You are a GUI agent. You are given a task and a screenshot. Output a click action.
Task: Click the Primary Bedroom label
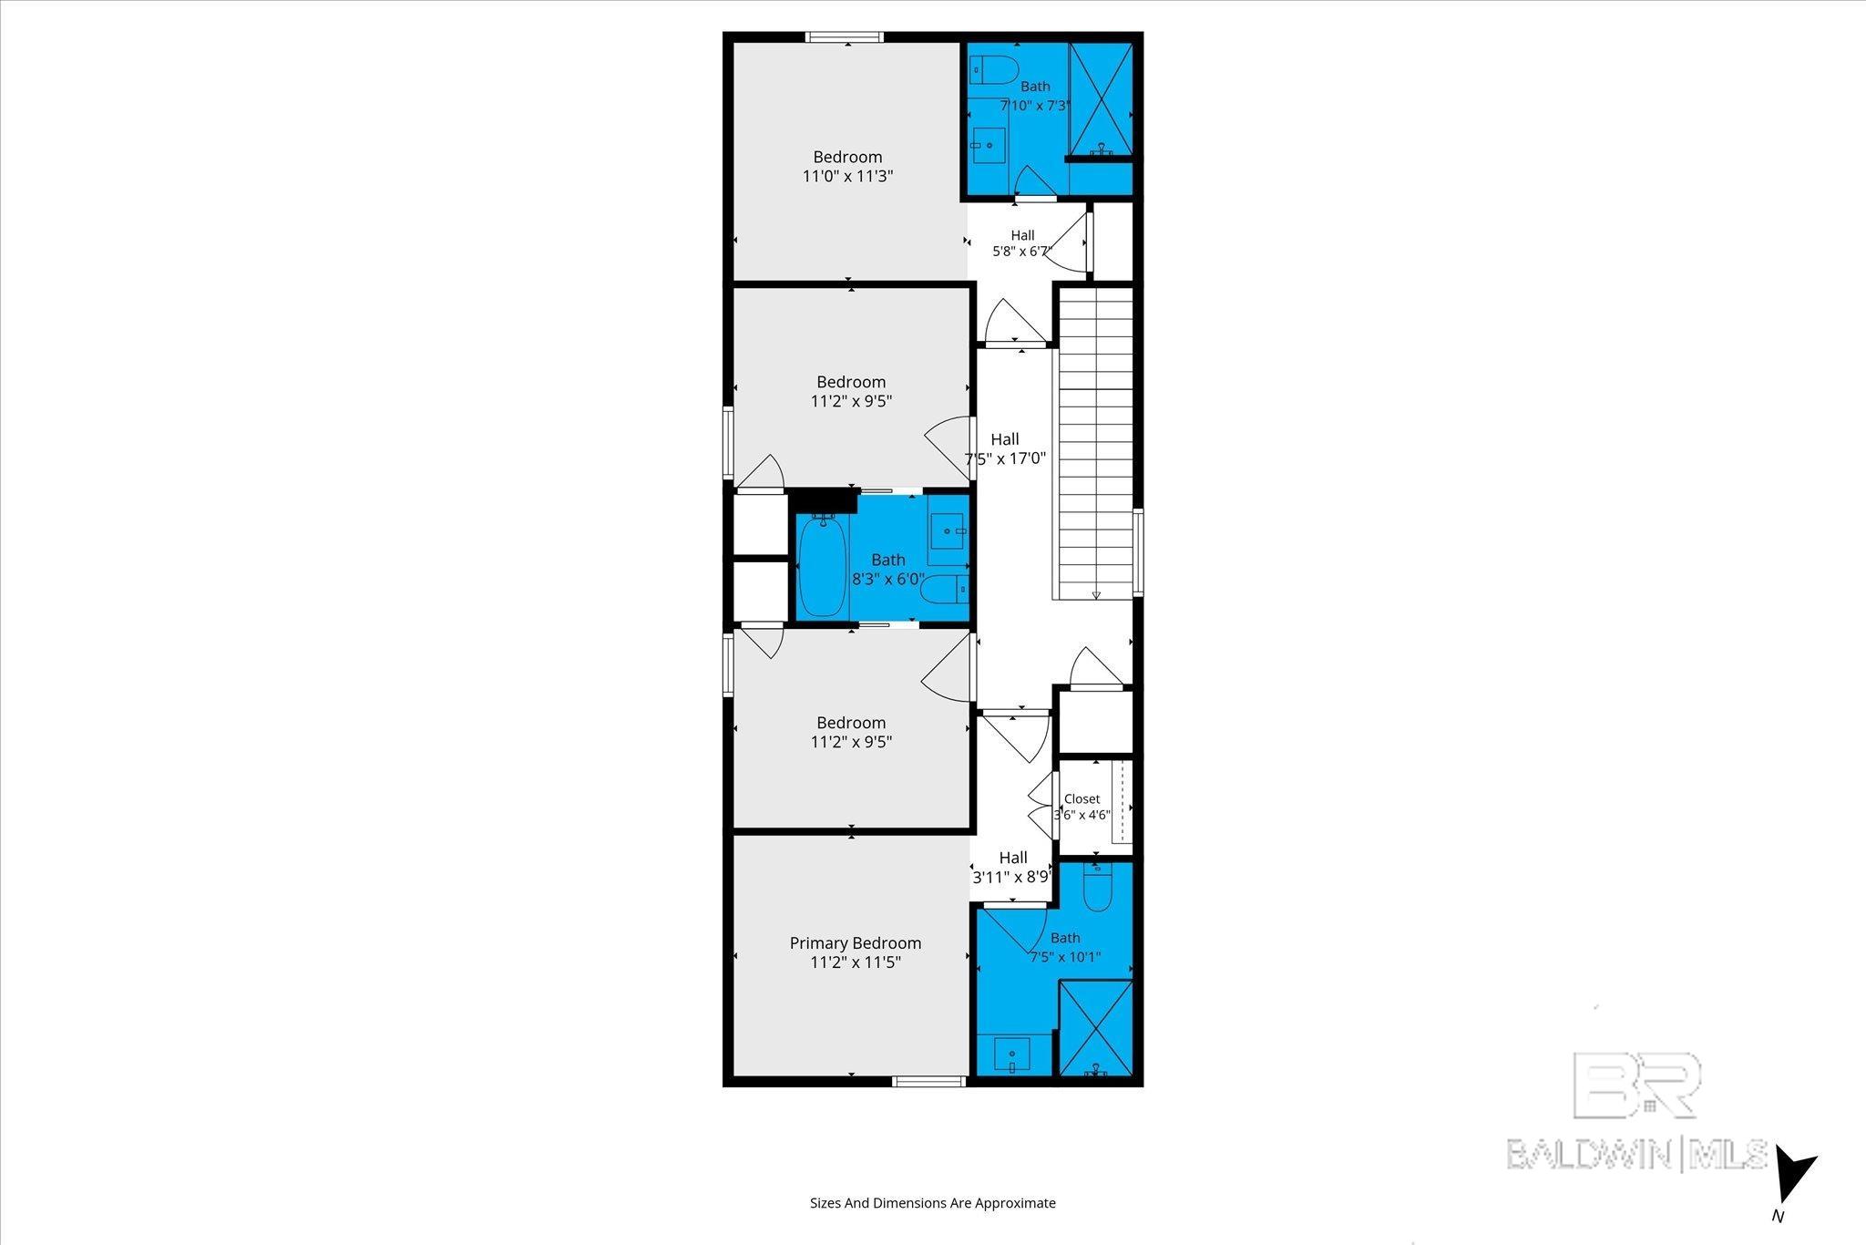(855, 943)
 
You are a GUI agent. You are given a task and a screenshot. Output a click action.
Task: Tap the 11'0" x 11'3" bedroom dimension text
(847, 177)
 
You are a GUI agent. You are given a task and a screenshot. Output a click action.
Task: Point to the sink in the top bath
(988, 145)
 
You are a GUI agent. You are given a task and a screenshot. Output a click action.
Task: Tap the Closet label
(1082, 799)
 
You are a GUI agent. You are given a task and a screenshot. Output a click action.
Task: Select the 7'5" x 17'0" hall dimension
(1005, 459)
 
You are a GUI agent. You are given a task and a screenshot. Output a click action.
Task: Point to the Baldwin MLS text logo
(1636, 1155)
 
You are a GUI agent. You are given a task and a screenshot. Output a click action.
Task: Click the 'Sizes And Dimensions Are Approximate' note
(933, 1203)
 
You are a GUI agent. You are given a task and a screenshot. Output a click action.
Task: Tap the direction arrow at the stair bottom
(1096, 594)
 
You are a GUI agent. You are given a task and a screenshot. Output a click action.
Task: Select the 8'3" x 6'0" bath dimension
(888, 579)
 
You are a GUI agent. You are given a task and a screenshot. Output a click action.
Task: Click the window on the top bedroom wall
(845, 37)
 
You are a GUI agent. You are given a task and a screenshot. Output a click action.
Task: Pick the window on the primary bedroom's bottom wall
(928, 1082)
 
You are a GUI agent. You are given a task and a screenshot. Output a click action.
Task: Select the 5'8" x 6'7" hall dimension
(1022, 252)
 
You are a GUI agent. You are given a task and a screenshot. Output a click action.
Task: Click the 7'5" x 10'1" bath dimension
(1065, 957)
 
